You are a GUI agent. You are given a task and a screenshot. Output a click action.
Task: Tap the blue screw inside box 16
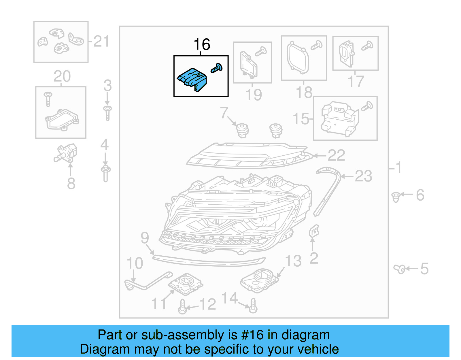[x=216, y=68]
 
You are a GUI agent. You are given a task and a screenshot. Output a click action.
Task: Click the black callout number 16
[x=202, y=45]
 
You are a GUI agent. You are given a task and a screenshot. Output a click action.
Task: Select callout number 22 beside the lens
[x=336, y=156]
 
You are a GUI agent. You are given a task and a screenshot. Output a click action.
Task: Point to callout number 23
[x=363, y=176]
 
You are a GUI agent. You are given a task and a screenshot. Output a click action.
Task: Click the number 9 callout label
[x=145, y=238]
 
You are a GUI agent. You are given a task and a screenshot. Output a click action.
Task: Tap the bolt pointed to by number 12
[x=182, y=307]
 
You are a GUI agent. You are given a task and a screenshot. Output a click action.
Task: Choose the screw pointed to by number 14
[x=253, y=306]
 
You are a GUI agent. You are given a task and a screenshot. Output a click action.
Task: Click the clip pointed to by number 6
[x=396, y=197]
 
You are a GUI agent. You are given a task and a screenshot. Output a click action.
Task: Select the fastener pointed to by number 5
[x=400, y=269]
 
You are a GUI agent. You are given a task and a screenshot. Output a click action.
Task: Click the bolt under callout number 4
[x=106, y=173]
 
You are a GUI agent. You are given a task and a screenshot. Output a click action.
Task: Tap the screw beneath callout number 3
[x=107, y=113]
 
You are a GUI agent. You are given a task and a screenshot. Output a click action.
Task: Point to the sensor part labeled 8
[x=66, y=153]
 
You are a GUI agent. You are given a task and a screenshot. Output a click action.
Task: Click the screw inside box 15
[x=367, y=106]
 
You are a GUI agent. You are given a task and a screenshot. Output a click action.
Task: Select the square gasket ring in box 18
[x=298, y=56]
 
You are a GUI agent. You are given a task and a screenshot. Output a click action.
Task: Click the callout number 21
[x=101, y=42]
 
